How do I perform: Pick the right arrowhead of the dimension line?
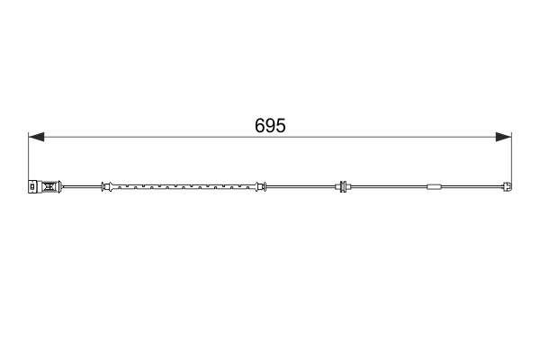pos(504,137)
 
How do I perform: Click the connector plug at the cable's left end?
pos(42,187)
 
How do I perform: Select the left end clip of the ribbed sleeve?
pos(106,187)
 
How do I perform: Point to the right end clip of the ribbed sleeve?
pos(260,187)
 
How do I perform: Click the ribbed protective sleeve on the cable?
pos(184,187)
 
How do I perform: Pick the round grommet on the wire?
pos(342,187)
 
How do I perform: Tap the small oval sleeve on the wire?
pos(434,187)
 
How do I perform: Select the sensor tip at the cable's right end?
pos(508,187)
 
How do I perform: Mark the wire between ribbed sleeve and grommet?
pos(301,187)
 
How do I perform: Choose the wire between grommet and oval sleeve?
pos(387,187)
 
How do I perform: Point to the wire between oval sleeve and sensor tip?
pos(472,187)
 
